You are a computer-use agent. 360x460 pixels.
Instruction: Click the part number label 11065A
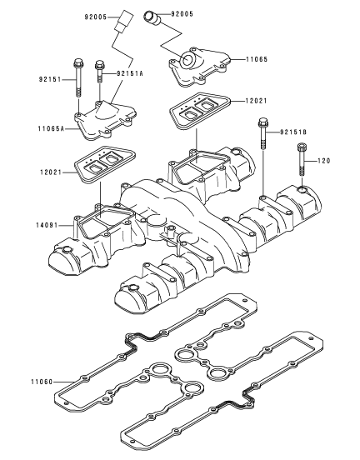(x=51, y=128)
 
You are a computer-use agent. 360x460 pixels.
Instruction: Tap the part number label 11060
(x=42, y=382)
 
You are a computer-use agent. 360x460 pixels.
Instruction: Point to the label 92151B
(x=293, y=132)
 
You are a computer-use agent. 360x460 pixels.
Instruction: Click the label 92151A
(x=130, y=73)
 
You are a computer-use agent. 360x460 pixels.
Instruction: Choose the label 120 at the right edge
(x=324, y=161)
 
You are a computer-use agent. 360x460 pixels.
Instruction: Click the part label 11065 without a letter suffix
(x=257, y=59)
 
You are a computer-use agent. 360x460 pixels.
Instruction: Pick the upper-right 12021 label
(x=256, y=101)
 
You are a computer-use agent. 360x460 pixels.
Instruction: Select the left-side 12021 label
(x=51, y=172)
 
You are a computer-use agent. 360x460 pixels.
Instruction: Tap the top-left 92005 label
(x=96, y=17)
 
